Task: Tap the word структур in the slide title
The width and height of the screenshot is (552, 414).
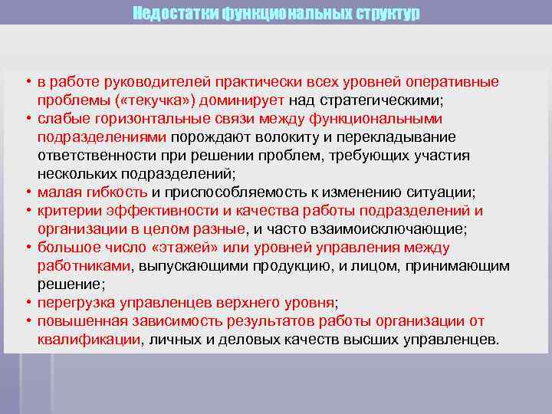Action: tap(384, 14)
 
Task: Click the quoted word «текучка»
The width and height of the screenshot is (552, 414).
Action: tap(145, 100)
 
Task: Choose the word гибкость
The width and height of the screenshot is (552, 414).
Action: tap(114, 192)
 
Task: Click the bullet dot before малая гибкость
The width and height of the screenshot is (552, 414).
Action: tap(27, 192)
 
